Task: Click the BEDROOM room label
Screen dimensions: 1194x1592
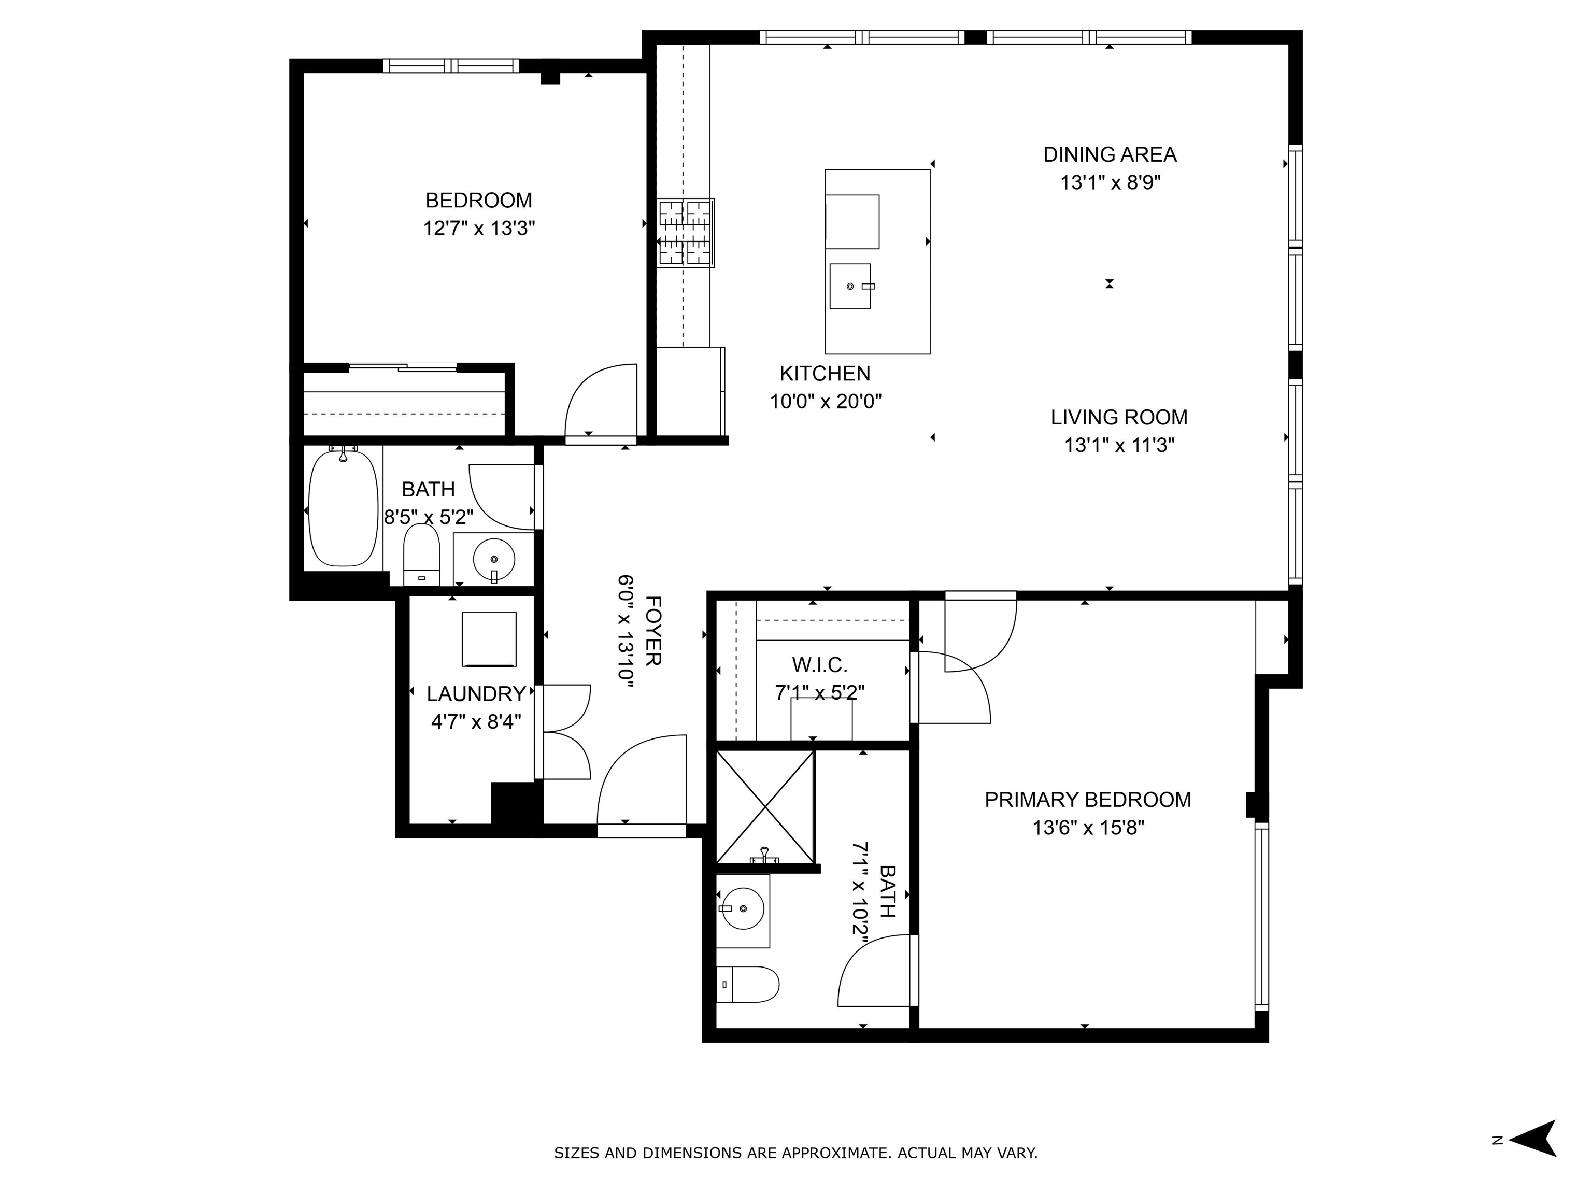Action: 479,200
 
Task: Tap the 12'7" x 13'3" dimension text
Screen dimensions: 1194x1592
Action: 479,229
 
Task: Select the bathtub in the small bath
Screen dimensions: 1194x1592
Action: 343,509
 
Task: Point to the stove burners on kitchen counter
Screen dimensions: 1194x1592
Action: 685,233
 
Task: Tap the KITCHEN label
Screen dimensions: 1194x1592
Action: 825,374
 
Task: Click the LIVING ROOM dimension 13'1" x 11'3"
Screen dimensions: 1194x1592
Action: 1119,446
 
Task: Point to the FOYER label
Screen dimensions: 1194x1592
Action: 652,631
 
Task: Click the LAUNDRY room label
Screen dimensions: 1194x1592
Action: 476,694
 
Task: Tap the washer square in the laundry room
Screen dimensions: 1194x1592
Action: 489,639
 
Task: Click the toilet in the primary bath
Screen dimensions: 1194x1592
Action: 750,984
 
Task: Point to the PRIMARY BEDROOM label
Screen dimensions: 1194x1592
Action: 1087,800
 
